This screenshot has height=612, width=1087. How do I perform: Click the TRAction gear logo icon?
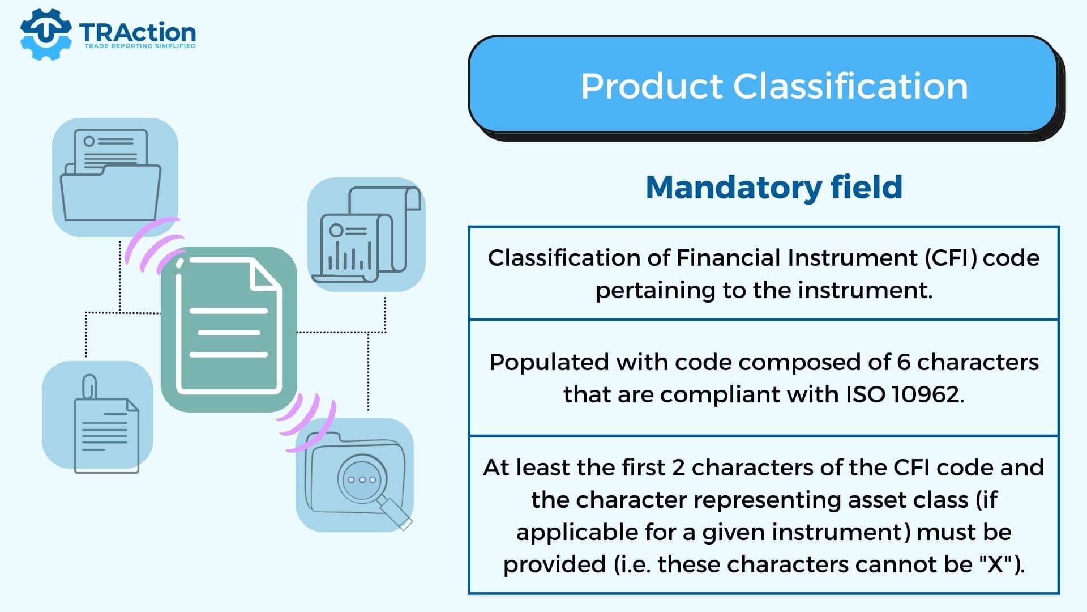pyautogui.click(x=45, y=34)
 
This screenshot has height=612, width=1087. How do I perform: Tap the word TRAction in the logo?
pyautogui.click(x=138, y=32)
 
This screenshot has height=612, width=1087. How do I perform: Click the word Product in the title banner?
pyautogui.click(x=652, y=87)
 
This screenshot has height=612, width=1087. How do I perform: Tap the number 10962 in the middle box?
pyautogui.click(x=927, y=394)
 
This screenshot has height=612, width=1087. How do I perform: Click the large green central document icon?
pyautogui.click(x=229, y=329)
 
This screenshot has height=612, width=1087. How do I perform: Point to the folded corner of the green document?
pyautogui.click(x=266, y=277)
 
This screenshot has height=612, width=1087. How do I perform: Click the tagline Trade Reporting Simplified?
pyautogui.click(x=140, y=46)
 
